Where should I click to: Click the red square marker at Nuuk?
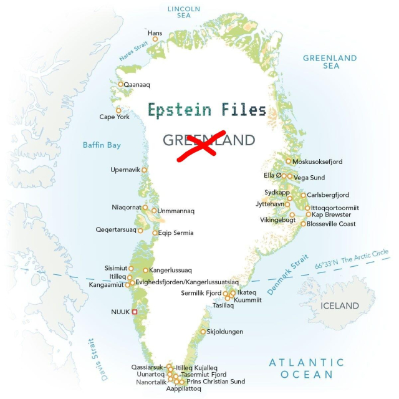tap(134, 311)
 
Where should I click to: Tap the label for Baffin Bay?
tap(102, 145)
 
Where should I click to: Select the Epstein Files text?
tap(207, 110)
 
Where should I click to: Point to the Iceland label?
tap(339, 305)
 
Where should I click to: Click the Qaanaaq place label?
tap(137, 84)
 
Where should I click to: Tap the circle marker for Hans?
tap(155, 39)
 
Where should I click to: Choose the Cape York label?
tap(115, 117)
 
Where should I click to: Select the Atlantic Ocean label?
tap(306, 368)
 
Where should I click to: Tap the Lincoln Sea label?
tap(184, 12)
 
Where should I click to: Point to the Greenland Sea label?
tap(330, 62)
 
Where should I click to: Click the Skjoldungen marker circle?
tap(203, 332)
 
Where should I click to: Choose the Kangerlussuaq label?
tap(171, 271)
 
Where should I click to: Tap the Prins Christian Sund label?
tap(216, 382)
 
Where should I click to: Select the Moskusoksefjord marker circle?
tap(288, 161)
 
